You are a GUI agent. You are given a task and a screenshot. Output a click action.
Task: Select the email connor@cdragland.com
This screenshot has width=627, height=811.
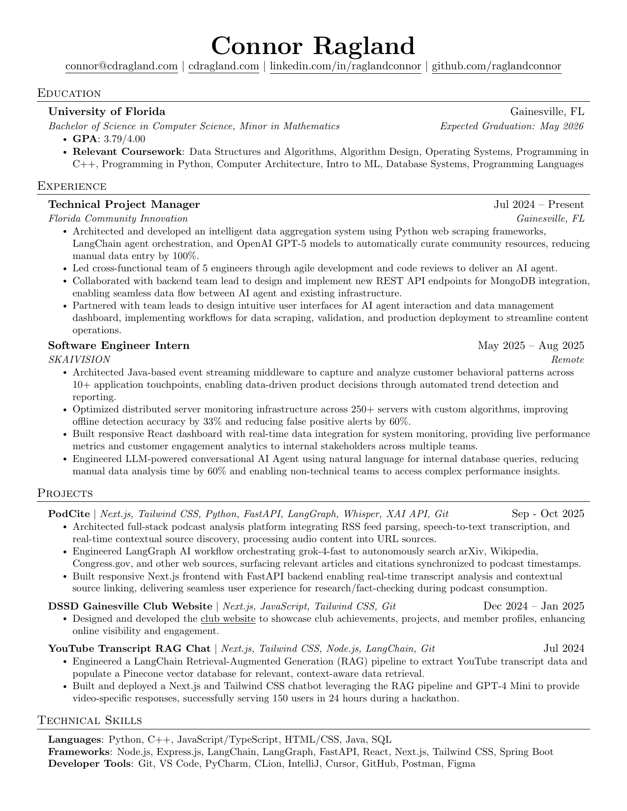tap(121, 66)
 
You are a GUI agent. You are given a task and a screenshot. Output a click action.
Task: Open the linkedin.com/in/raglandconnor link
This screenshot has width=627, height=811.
tap(346, 66)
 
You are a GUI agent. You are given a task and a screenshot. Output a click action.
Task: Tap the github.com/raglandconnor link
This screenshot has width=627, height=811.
tap(496, 66)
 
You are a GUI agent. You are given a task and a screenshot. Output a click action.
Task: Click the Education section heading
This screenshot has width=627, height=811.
tap(69, 93)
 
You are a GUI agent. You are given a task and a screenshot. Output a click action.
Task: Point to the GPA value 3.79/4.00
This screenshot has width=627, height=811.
tap(124, 139)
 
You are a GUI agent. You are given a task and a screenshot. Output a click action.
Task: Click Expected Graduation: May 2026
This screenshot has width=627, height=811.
tap(511, 126)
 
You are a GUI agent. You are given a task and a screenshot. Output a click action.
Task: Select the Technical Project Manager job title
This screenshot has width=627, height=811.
tap(124, 204)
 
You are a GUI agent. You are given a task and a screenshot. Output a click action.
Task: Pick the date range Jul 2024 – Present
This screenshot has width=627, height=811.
tap(539, 204)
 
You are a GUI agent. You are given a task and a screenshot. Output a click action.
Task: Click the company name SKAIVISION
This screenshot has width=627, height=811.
tap(79, 359)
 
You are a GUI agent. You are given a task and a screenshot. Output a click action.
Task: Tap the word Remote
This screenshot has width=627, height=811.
tap(567, 359)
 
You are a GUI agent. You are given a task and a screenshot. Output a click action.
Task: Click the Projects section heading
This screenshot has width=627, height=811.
tap(65, 493)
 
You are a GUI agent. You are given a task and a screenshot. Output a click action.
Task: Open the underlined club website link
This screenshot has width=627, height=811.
tap(228, 619)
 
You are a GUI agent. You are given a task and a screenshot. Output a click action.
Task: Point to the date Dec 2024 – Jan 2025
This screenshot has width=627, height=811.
tap(534, 606)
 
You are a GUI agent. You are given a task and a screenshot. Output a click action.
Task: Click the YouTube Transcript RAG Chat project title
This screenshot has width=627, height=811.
tap(129, 649)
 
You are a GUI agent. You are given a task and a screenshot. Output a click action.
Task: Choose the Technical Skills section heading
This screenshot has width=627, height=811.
tap(90, 721)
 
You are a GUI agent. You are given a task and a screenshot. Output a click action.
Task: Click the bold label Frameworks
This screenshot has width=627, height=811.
tap(78, 752)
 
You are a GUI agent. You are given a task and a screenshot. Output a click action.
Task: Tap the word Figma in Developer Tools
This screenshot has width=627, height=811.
tap(461, 764)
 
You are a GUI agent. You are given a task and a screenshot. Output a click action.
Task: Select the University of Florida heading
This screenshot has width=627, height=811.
tap(107, 112)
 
